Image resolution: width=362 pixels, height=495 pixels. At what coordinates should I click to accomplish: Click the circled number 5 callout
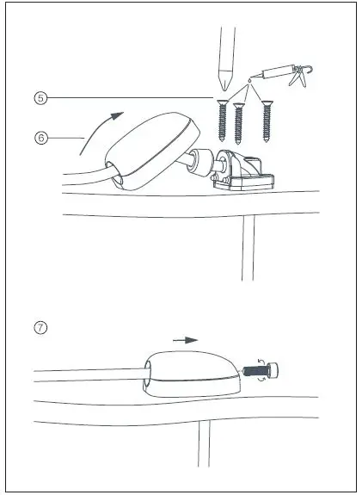[40, 98]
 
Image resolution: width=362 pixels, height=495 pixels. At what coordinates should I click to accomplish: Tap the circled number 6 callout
[40, 135]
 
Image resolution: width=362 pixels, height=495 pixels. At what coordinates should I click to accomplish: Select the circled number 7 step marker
[40, 328]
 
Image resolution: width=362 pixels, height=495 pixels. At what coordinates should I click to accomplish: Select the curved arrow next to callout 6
[97, 129]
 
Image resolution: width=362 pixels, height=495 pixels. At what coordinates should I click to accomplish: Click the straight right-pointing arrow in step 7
[184, 340]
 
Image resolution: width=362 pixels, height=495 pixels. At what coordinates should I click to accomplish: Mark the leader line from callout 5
[129, 98]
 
